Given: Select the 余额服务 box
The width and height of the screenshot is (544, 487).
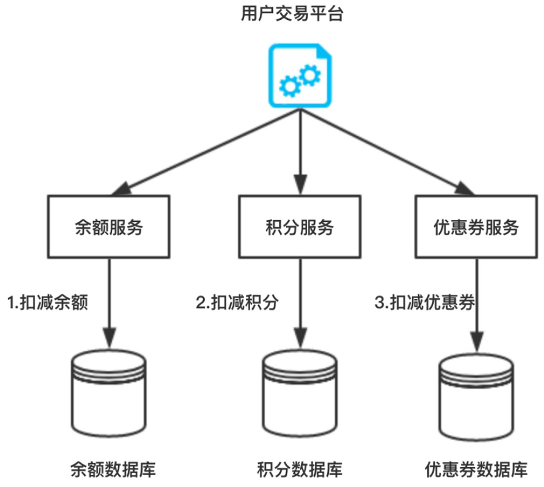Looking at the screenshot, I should pyautogui.click(x=109, y=228).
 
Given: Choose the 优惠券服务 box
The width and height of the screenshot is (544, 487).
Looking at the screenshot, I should pyautogui.click(x=476, y=228).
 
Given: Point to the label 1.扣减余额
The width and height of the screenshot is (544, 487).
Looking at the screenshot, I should pyautogui.click(x=47, y=303).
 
